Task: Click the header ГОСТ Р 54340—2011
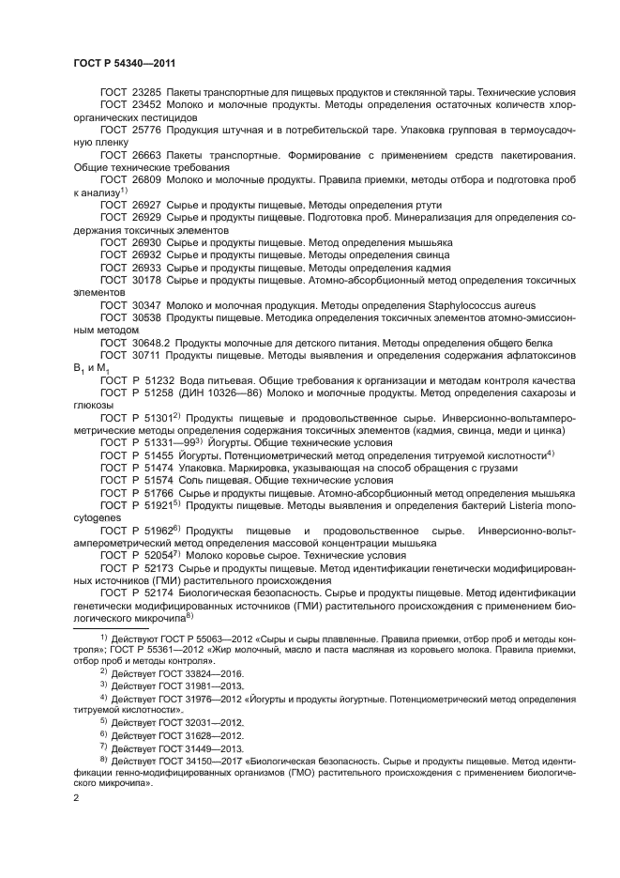point(125,62)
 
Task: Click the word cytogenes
point(98,516)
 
